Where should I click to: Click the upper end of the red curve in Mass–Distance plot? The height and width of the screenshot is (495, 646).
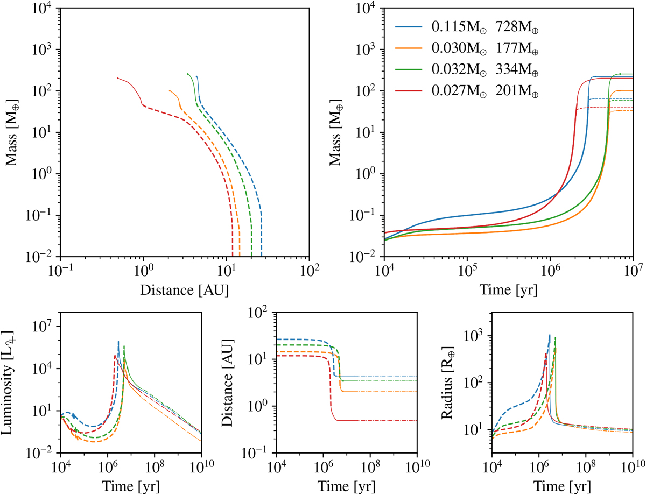117,79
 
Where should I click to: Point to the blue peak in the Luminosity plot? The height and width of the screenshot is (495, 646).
118,341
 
